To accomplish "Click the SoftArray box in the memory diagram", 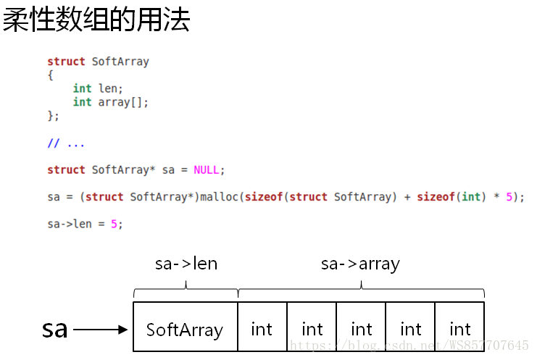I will [x=185, y=330].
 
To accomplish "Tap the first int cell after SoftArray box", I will [x=262, y=330].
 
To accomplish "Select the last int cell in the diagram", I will [x=459, y=330].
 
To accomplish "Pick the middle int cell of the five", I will [x=361, y=330].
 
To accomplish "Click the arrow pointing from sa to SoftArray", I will [x=101, y=330].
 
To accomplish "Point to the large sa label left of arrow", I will [x=54, y=329].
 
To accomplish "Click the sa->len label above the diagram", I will [x=186, y=264].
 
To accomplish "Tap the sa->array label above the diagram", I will [x=360, y=264].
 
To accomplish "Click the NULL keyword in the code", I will [x=207, y=170].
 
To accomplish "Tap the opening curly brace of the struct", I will [x=50, y=75].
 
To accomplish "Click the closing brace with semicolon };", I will [x=53, y=116].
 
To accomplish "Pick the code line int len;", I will [x=98, y=89].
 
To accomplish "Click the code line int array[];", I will [x=110, y=103].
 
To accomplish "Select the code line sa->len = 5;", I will [x=85, y=224].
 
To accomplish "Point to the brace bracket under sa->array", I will [x=361, y=290].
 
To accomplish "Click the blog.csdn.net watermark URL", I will [x=409, y=345].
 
